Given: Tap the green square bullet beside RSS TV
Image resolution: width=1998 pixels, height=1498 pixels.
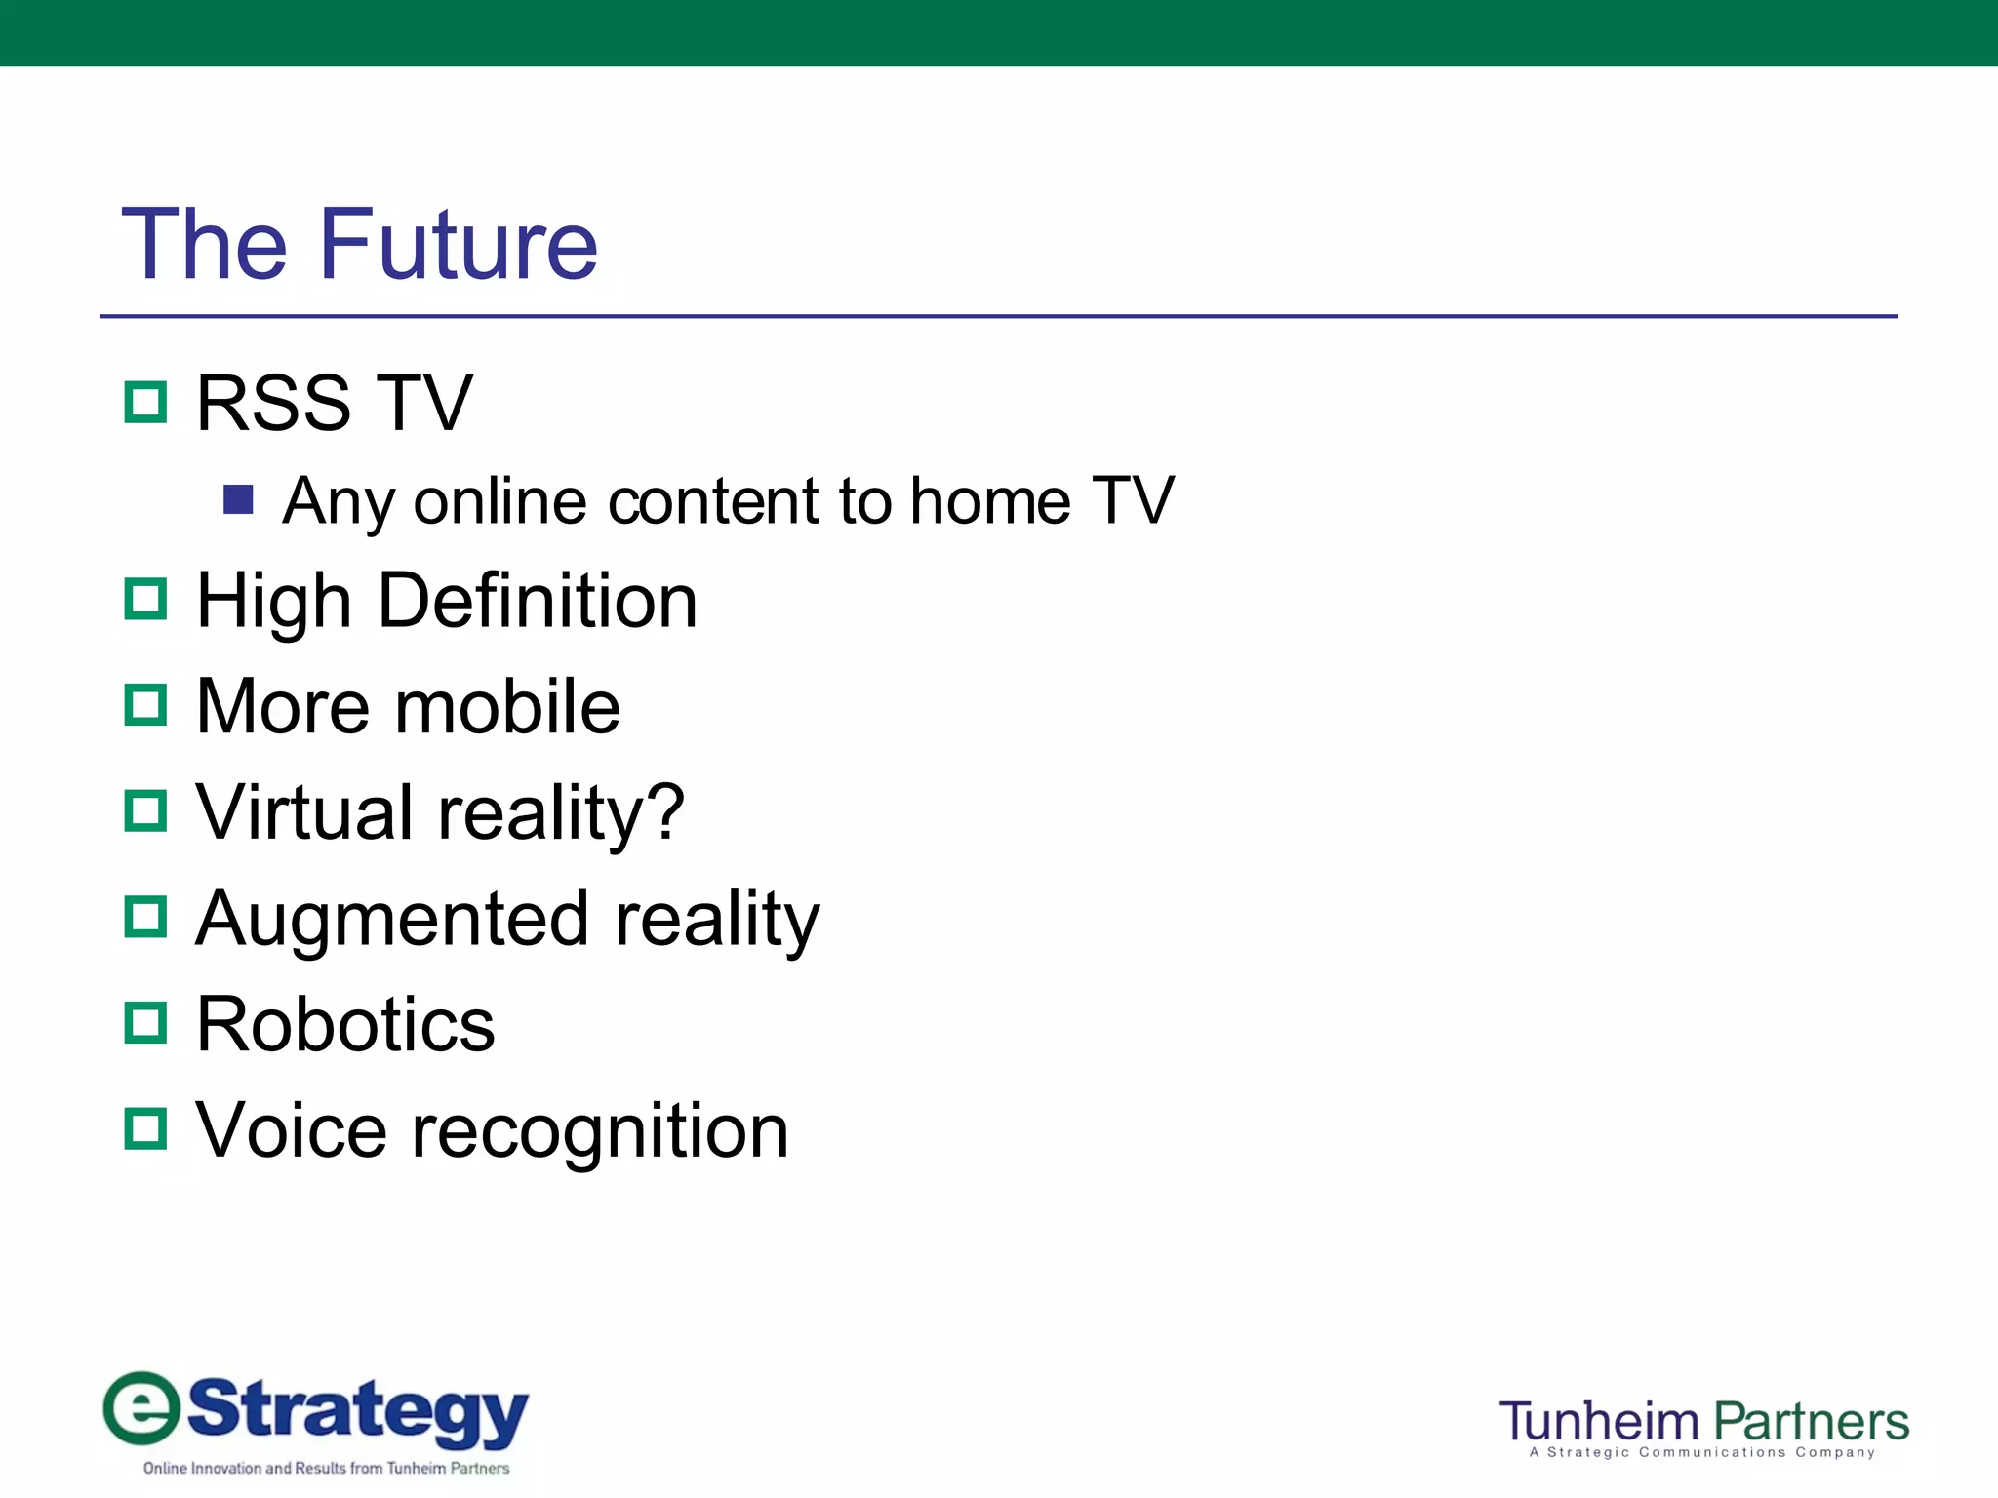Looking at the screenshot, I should (x=146, y=402).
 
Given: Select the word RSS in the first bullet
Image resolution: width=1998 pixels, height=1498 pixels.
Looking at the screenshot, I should (x=273, y=403).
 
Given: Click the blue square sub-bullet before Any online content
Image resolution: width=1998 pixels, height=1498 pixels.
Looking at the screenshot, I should (x=238, y=499).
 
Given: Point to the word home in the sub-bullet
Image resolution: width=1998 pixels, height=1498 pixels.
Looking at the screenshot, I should (x=990, y=501).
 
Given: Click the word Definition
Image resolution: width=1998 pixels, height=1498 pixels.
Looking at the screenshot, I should (x=537, y=600).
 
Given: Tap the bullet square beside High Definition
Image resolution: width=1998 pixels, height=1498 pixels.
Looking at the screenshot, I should (x=146, y=599).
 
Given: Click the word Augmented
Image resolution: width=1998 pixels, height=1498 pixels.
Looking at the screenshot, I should (x=392, y=920).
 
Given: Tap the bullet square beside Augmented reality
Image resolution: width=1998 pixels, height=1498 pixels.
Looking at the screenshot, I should (x=146, y=917).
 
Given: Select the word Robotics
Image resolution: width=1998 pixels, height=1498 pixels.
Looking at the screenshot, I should (x=345, y=1024).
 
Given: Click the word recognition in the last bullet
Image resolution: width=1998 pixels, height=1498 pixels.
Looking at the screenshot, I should (x=600, y=1131).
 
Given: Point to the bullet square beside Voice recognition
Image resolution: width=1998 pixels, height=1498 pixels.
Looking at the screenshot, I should (x=146, y=1128).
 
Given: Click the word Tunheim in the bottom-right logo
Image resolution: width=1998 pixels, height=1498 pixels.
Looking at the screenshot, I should (x=1600, y=1422).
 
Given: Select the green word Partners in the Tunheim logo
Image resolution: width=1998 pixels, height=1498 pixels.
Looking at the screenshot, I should (x=1812, y=1422).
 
